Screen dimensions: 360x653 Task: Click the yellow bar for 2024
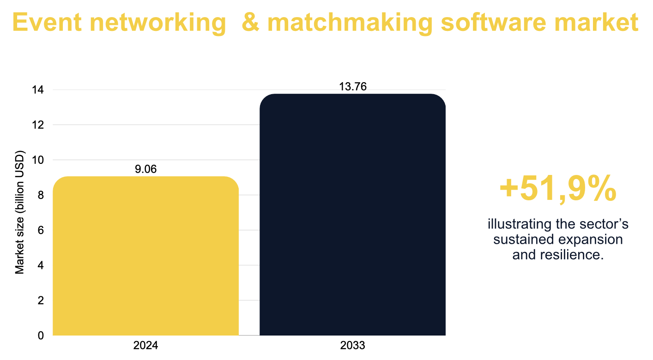(145, 256)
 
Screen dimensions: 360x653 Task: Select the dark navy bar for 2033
(352, 215)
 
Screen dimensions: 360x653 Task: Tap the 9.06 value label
(145, 169)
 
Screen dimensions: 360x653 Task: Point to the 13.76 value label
(352, 87)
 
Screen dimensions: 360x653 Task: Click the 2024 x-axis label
(145, 346)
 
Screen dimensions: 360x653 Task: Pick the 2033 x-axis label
(352, 346)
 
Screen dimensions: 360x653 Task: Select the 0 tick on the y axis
(41, 336)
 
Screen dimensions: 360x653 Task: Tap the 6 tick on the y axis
(41, 230)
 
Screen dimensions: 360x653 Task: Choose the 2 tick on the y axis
(41, 300)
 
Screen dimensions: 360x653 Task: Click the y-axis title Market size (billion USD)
(20, 212)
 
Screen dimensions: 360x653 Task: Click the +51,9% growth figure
(558, 189)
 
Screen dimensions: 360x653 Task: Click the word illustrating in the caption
(514, 225)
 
